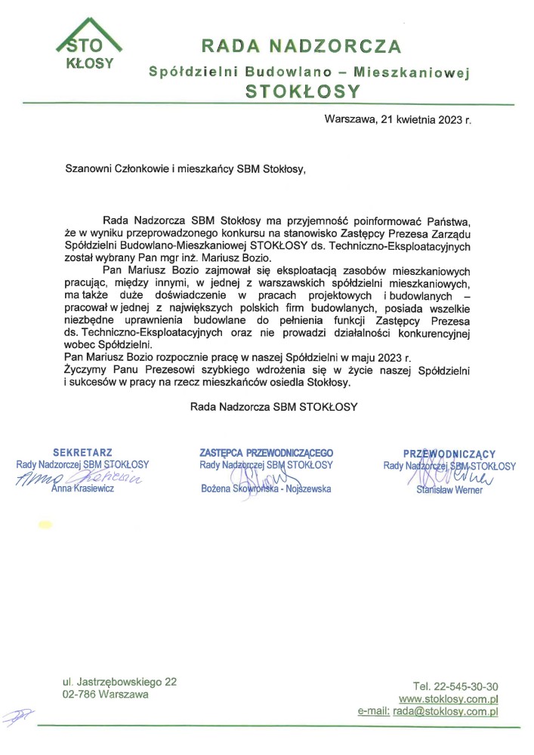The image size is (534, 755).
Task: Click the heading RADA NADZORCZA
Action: click(301, 46)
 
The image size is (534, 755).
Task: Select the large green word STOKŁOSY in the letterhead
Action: click(302, 91)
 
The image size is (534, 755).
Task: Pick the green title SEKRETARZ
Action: click(83, 453)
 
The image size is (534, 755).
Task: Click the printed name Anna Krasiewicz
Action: click(83, 489)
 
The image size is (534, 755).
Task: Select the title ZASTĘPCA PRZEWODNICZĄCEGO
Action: click(266, 453)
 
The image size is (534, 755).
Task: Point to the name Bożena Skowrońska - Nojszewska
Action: click(266, 489)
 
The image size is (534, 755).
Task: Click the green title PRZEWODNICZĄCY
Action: click(449, 454)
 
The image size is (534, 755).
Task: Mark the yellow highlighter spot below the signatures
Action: click(45, 524)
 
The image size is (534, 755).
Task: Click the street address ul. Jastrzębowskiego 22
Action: click(120, 682)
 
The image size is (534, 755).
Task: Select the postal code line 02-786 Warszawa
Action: click(106, 694)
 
